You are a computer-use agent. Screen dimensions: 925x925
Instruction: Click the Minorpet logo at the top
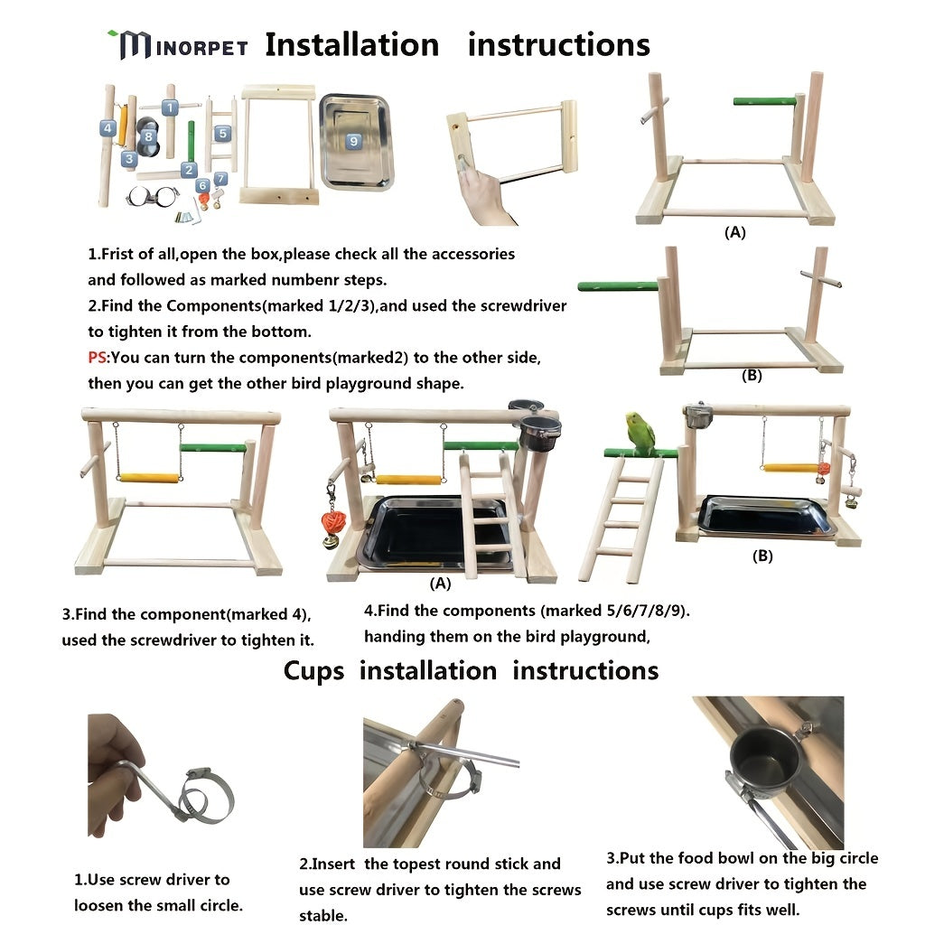[177, 44]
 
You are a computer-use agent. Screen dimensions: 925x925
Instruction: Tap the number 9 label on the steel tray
[353, 141]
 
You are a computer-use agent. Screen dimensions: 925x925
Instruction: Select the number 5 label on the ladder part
[222, 133]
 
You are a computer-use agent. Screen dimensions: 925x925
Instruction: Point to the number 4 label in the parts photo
[107, 128]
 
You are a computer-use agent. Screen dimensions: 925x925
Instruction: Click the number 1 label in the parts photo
[169, 107]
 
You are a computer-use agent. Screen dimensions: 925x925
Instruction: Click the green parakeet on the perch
[640, 434]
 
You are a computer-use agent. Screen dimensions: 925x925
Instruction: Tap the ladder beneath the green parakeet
[621, 519]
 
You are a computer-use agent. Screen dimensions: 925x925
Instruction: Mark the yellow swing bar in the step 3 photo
[149, 478]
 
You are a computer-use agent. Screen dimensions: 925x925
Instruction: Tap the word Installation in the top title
[351, 44]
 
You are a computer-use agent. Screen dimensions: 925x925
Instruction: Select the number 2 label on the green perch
[189, 169]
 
